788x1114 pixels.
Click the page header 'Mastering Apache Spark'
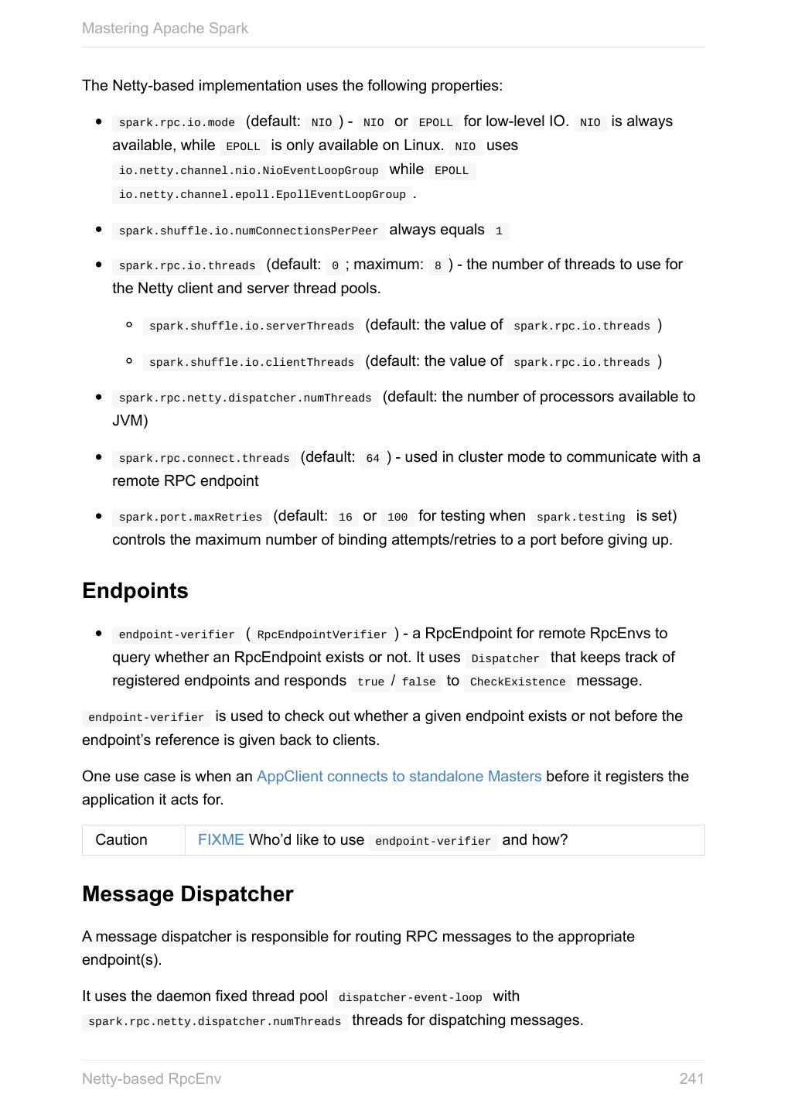tap(165, 29)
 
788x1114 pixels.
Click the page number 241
tap(691, 1078)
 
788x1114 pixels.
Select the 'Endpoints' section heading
tap(135, 590)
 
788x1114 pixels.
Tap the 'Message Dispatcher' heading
tap(188, 894)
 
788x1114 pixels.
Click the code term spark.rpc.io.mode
tap(177, 122)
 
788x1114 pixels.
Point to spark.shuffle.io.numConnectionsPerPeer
tap(248, 231)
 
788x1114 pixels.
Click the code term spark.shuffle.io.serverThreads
tap(251, 326)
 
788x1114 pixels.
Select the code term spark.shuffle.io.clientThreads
tap(251, 362)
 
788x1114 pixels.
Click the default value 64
tap(373, 458)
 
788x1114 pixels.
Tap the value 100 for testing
tap(397, 517)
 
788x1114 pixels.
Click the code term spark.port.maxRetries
tap(190, 517)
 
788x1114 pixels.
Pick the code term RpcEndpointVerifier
tap(322, 634)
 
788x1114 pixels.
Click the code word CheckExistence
tap(517, 682)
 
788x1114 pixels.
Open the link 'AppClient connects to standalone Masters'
tap(399, 776)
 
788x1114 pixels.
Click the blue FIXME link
tap(220, 839)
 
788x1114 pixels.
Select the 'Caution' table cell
tap(121, 839)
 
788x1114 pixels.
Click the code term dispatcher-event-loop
tap(410, 997)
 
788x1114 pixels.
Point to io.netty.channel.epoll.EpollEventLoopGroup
tap(262, 194)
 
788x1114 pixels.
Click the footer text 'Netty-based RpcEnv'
tap(152, 1078)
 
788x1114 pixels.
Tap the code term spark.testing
tap(581, 517)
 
